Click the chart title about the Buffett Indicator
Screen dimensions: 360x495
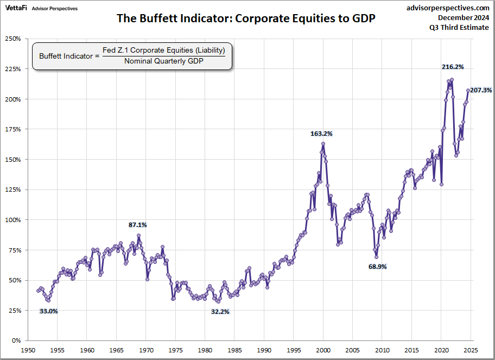[x=246, y=18]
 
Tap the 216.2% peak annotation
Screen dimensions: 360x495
[x=452, y=67]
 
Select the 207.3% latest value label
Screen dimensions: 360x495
[x=481, y=90]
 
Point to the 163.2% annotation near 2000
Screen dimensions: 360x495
[x=321, y=133]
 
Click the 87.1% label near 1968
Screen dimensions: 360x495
[x=137, y=224]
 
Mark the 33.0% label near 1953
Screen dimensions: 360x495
[x=48, y=311]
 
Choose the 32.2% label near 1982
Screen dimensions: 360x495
[x=220, y=312]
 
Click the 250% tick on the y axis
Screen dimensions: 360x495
[x=12, y=39]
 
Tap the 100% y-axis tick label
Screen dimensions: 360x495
[x=12, y=220]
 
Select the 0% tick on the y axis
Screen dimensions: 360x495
[x=16, y=340]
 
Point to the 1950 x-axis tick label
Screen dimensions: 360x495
[x=28, y=350]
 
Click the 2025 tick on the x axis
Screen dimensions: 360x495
[x=470, y=350]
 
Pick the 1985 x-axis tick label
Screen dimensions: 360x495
[x=234, y=350]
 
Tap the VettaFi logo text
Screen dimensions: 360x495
[x=16, y=8]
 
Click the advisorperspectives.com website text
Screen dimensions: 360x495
[x=448, y=8]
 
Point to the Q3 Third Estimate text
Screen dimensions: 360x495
[x=464, y=28]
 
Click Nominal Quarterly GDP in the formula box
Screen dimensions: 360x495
[x=163, y=61]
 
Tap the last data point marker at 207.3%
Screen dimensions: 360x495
[x=468, y=91]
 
